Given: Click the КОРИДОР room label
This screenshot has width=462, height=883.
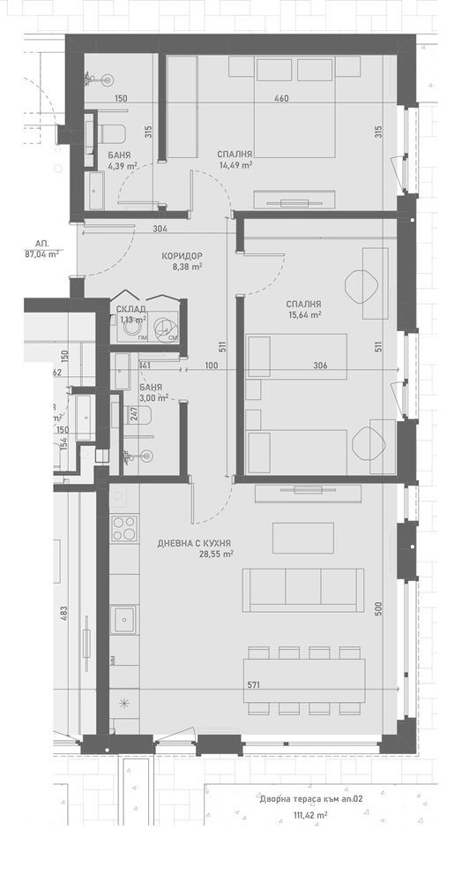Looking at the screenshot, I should [x=183, y=256].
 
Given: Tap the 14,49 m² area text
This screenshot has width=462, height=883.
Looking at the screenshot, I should [x=235, y=164].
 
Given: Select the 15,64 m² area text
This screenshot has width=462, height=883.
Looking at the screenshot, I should [x=304, y=314].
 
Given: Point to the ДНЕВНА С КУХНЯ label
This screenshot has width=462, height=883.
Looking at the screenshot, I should [x=195, y=542].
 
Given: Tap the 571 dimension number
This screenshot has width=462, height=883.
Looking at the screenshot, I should [x=254, y=685].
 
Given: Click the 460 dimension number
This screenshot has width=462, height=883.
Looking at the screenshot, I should [x=280, y=98].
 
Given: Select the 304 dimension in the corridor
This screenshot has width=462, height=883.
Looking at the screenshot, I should [x=160, y=230].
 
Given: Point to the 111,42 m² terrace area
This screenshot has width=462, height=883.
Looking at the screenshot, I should [x=309, y=816].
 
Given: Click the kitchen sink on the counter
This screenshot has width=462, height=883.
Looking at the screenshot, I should [x=123, y=618].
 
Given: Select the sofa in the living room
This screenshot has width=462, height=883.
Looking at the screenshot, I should [x=303, y=589].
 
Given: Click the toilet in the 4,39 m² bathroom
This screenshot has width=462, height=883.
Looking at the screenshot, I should [x=111, y=136].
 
